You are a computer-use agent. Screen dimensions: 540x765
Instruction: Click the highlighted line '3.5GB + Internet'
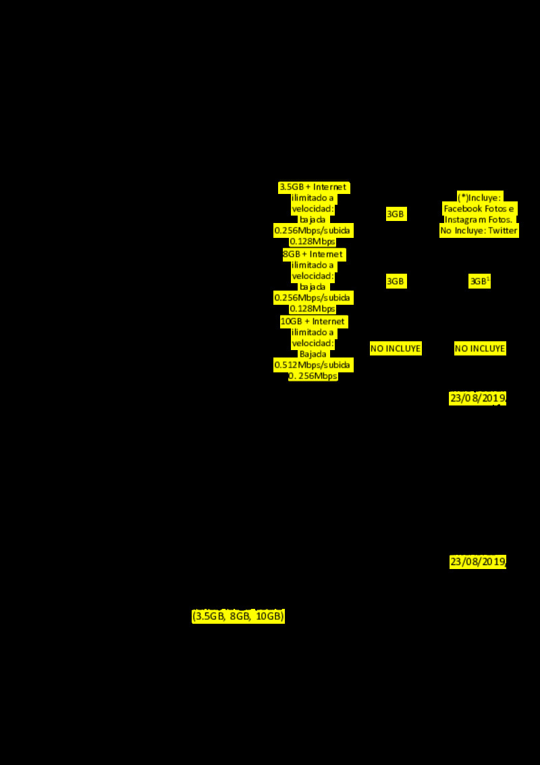(x=313, y=187)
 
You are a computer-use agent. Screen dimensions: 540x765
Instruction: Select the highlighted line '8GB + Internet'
(x=313, y=254)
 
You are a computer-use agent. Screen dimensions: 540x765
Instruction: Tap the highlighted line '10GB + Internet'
(x=313, y=322)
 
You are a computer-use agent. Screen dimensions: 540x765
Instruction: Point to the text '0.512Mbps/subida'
(x=313, y=365)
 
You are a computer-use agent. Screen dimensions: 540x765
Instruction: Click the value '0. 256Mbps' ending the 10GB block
(x=313, y=376)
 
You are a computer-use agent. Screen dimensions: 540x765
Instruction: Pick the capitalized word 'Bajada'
(x=313, y=354)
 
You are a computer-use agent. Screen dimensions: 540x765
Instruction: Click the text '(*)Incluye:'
(x=479, y=197)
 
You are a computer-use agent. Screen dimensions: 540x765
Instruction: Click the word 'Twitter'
(x=502, y=230)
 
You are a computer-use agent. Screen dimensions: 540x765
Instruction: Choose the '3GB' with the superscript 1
(x=479, y=282)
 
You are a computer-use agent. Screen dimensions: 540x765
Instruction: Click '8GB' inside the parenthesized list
(x=240, y=616)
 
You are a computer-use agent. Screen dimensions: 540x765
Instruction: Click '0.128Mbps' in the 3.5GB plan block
(x=313, y=241)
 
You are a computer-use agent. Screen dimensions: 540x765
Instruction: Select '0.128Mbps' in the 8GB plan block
(x=313, y=309)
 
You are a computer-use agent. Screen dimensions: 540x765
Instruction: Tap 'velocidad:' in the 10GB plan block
(x=313, y=343)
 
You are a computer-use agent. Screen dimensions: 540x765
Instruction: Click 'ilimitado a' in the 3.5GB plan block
(x=313, y=198)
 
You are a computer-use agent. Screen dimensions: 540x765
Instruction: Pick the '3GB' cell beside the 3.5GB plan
(x=396, y=214)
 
